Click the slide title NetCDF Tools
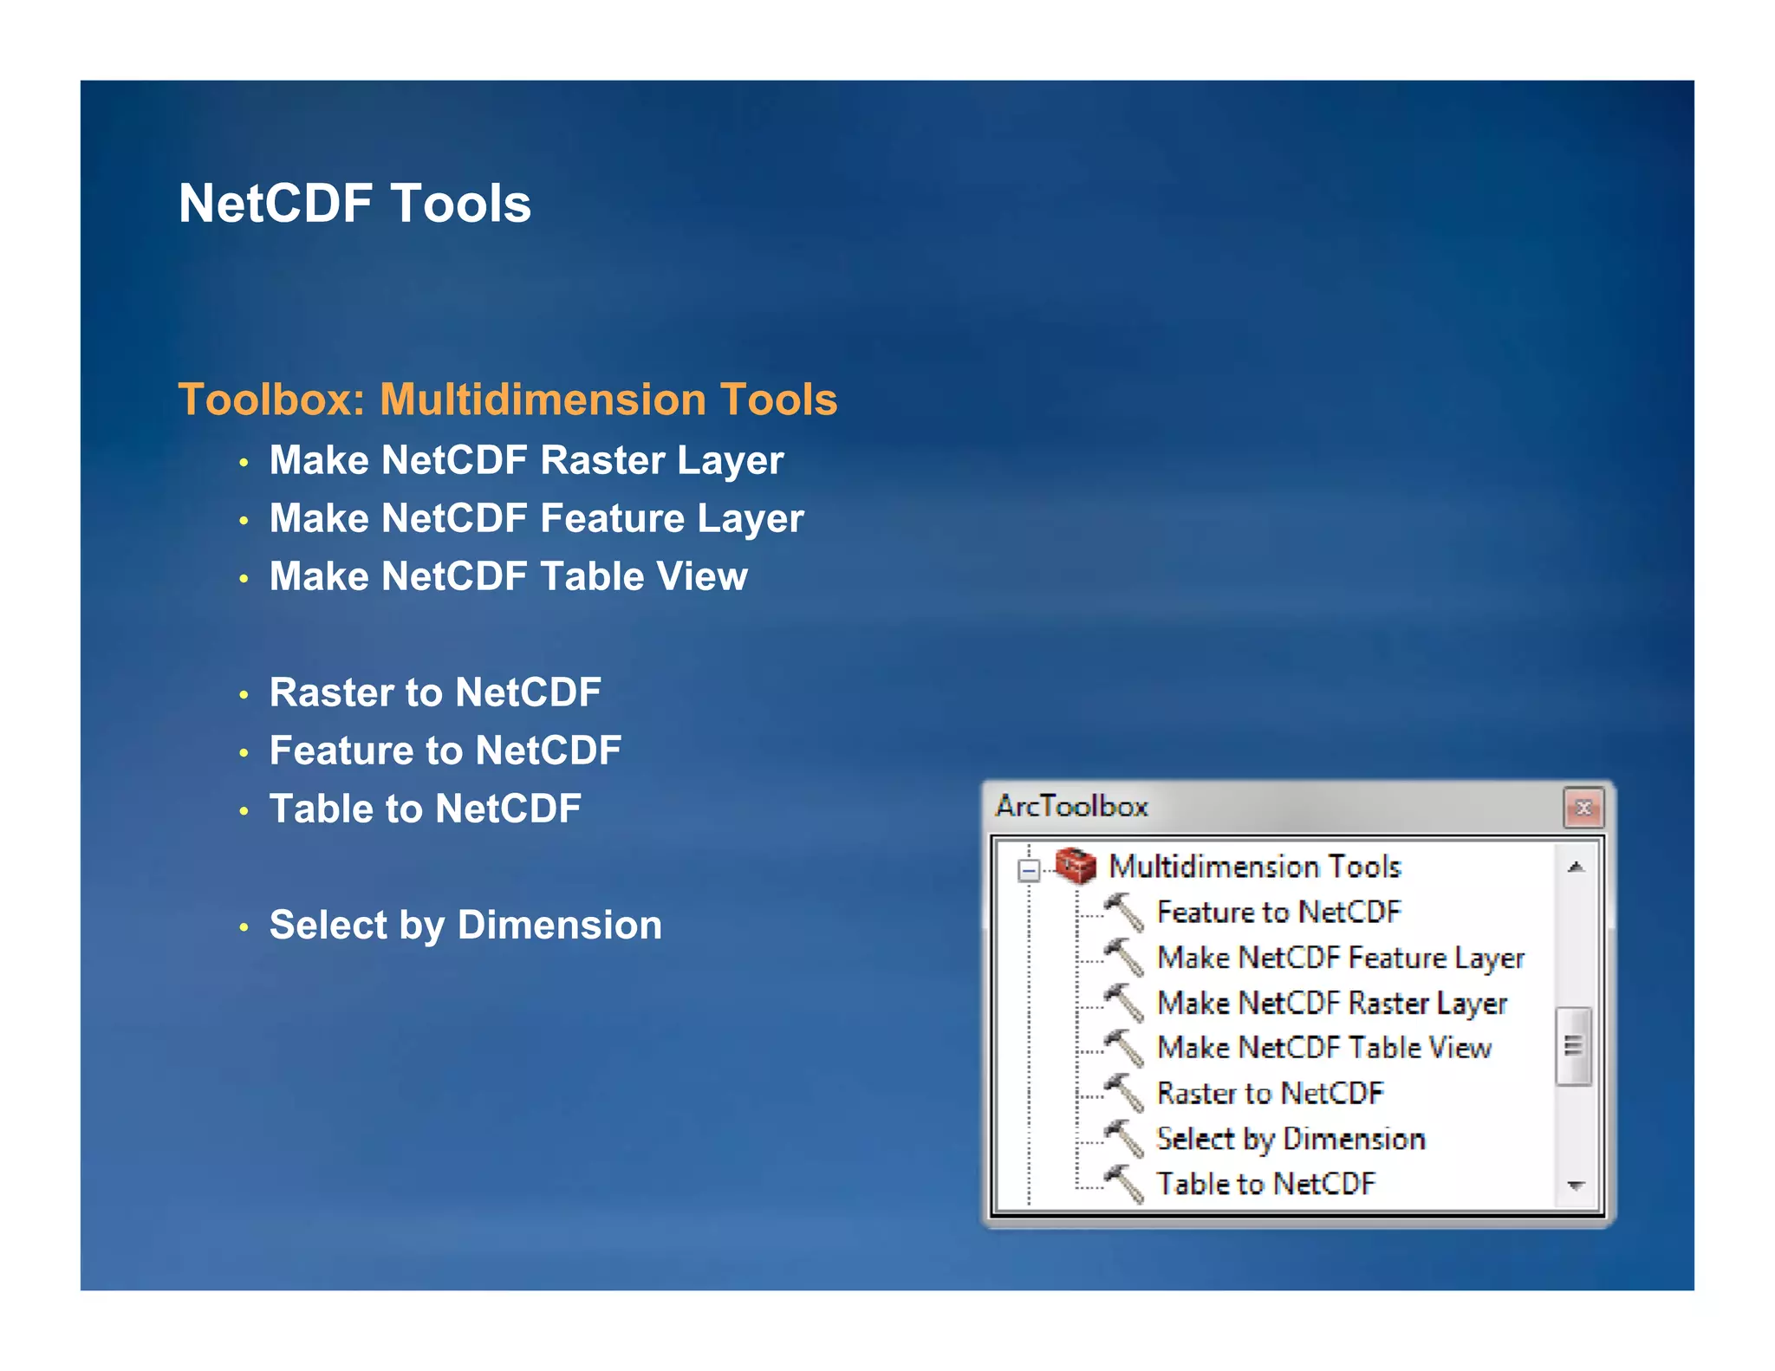[354, 204]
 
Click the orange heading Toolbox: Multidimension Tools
[508, 400]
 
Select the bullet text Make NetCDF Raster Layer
[526, 460]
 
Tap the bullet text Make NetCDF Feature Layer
[536, 518]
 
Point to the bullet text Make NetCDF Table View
[508, 576]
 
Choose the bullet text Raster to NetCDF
[435, 692]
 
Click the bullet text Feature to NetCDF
[445, 750]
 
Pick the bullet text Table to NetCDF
[425, 809]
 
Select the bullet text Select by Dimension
[465, 925]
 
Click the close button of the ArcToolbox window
[1583, 808]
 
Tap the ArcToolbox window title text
[1071, 806]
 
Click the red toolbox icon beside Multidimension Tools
[1076, 866]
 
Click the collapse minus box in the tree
[1029, 869]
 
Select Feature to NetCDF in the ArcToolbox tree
[1278, 912]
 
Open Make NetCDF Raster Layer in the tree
[1332, 1003]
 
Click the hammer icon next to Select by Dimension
[1124, 1138]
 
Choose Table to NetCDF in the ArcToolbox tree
[1266, 1184]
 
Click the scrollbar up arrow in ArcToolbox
[1576, 867]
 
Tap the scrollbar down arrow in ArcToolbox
[1576, 1185]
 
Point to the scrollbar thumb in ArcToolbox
[1573, 1046]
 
